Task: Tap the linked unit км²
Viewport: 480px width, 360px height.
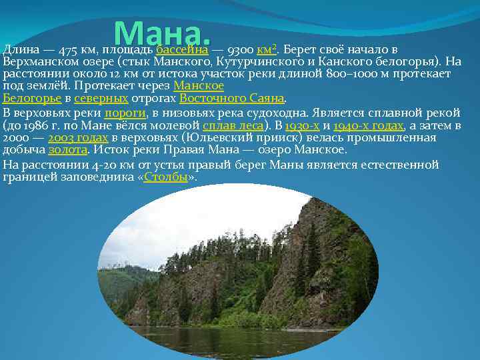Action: coord(265,50)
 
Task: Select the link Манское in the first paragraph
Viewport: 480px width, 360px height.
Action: coord(198,86)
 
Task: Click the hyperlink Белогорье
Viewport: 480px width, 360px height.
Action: coord(32,98)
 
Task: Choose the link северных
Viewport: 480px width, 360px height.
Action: coord(101,98)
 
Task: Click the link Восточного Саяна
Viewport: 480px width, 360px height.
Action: coord(232,98)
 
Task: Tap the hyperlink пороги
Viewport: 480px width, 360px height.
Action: coord(125,113)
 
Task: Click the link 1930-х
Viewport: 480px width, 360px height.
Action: coord(303,126)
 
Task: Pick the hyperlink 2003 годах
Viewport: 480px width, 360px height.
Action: coord(74,138)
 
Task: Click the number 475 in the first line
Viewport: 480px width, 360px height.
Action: coord(69,50)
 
